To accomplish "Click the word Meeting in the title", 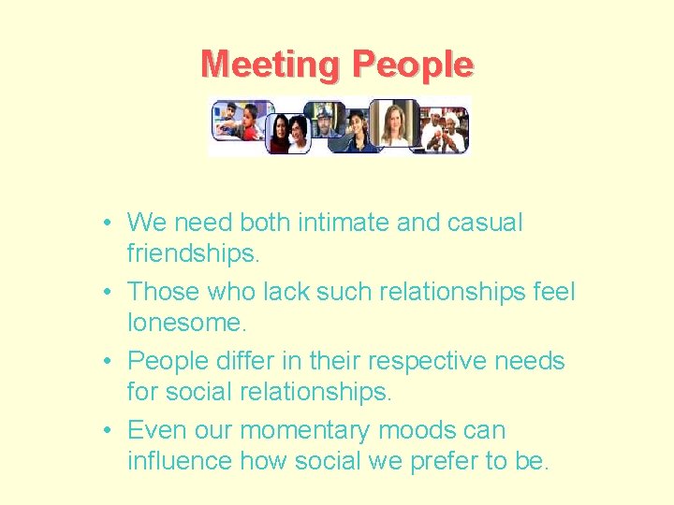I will (271, 65).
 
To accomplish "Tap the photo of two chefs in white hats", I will (444, 130).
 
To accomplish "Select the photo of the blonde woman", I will (394, 123).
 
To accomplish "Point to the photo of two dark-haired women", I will (287, 133).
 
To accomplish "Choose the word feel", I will (554, 292).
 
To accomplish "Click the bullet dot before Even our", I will (110, 430).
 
